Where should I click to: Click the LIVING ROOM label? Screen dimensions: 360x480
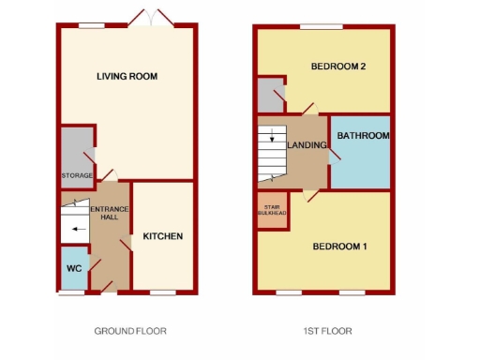(x=127, y=76)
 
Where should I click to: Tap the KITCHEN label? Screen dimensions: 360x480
(x=162, y=236)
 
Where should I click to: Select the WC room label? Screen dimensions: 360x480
(x=73, y=268)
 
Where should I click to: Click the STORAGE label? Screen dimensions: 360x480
(x=77, y=175)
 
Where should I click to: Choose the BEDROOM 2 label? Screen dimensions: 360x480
(x=337, y=66)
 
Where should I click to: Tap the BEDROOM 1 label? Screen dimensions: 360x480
(x=338, y=247)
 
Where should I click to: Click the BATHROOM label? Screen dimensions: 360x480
(x=363, y=136)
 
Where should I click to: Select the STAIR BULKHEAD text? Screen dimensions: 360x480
(x=273, y=209)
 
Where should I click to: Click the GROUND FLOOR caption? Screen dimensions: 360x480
(x=130, y=331)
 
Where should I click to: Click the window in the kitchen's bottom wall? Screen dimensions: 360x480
(x=163, y=292)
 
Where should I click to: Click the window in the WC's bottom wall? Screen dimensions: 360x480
(x=71, y=292)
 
